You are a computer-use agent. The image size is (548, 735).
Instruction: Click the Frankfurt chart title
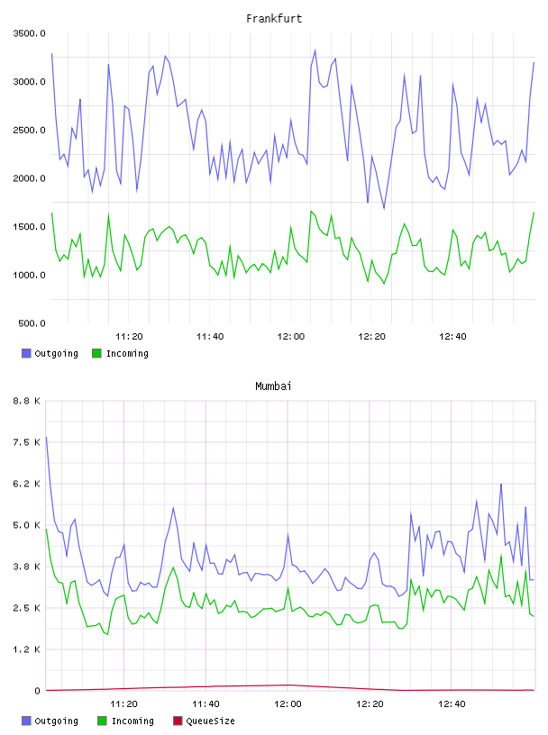coord(274,19)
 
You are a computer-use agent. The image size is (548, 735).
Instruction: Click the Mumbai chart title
coord(273,386)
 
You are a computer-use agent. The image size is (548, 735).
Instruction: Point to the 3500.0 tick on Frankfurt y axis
coord(29,33)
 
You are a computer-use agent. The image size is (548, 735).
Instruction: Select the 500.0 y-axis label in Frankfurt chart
coord(32,323)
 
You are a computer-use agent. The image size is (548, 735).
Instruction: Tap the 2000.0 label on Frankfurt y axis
coord(29,178)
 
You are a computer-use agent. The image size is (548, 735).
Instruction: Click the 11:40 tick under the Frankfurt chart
coord(210,337)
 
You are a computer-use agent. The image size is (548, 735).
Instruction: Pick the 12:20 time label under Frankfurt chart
coord(371,337)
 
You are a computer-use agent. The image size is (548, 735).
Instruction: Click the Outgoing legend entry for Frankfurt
coord(50,353)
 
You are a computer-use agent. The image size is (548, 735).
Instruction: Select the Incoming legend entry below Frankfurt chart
coord(120,353)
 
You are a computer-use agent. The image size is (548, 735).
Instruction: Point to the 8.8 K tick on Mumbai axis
coord(27,401)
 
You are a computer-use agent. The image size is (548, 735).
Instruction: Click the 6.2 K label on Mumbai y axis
coord(27,484)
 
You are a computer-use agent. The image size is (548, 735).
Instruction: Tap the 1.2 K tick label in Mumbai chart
coord(27,649)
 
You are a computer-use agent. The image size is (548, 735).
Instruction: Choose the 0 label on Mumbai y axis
coord(38,691)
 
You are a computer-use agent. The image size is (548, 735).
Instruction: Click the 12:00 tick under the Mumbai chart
coord(288,704)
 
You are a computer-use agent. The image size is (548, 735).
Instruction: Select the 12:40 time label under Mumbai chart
coord(452,704)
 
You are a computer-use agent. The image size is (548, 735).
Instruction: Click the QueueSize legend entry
coord(204,721)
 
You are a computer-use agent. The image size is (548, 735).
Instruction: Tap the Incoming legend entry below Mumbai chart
coord(126,721)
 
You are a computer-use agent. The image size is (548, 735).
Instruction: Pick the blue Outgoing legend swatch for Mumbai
coord(26,721)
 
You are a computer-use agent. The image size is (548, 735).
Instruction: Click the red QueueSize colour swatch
coord(178,721)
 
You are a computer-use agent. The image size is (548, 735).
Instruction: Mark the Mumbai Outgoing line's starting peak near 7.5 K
coord(46,438)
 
